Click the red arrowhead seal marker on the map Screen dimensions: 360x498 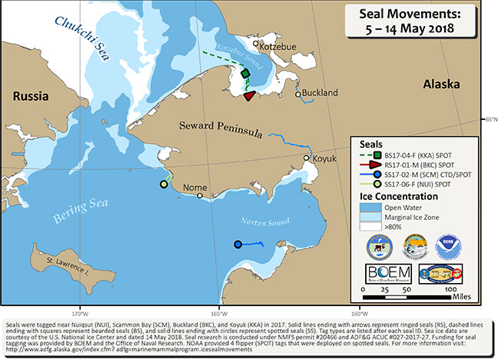[x=249, y=96]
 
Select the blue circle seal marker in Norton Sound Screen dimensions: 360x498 [x=237, y=245]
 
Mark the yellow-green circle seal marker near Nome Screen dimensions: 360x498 [x=164, y=184]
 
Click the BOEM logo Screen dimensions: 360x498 [x=388, y=275]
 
